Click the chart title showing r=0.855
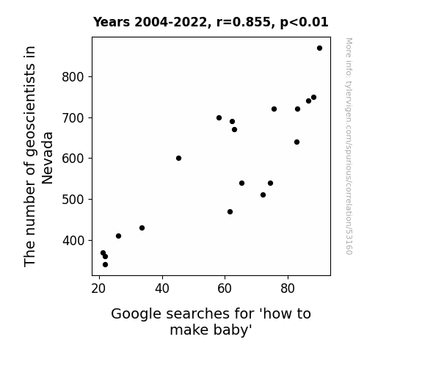(211, 22)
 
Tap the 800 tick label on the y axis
(73, 77)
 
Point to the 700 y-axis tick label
(73, 118)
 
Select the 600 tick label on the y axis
(73, 159)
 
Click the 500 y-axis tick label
(73, 200)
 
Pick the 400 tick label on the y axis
(73, 241)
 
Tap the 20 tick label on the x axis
(99, 288)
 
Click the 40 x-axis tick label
(162, 288)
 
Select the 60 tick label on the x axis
(225, 288)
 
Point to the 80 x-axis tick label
(288, 288)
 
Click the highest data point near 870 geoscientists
(319, 48)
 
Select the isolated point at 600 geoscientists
(178, 158)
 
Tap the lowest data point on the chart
(105, 265)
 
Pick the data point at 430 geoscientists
(142, 228)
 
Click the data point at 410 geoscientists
(118, 236)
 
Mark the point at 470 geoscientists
(230, 212)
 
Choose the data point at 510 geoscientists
(263, 195)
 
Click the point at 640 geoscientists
(297, 142)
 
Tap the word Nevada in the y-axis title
(48, 158)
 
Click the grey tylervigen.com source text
(349, 146)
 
